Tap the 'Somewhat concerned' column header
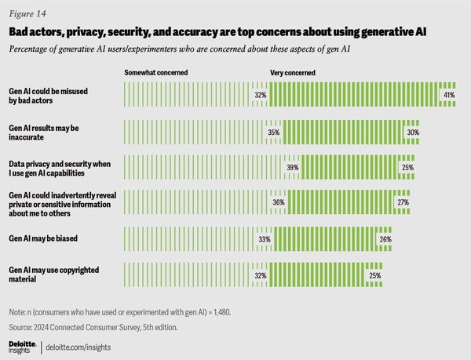pos(155,72)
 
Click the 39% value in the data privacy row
pos(294,168)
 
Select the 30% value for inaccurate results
pos(413,133)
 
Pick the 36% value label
pos(278,203)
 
